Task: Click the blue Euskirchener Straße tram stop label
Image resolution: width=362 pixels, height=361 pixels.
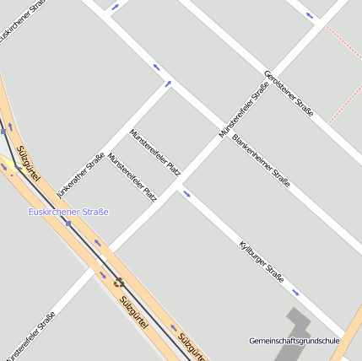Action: pyautogui.click(x=68, y=211)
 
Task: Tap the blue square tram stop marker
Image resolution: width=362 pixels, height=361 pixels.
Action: pyautogui.click(x=68, y=223)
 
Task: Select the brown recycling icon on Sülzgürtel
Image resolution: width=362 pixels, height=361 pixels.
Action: pyautogui.click(x=118, y=283)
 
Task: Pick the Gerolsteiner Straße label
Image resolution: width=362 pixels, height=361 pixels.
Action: pyautogui.click(x=289, y=93)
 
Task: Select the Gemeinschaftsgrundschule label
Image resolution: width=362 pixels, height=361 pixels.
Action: pyautogui.click(x=294, y=341)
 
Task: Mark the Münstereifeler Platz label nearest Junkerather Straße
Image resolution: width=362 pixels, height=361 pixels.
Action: pyautogui.click(x=132, y=177)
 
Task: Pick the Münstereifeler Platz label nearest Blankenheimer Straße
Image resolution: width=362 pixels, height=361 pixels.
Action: pyautogui.click(x=154, y=153)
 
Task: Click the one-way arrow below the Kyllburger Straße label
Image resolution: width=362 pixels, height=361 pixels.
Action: pyautogui.click(x=295, y=293)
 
